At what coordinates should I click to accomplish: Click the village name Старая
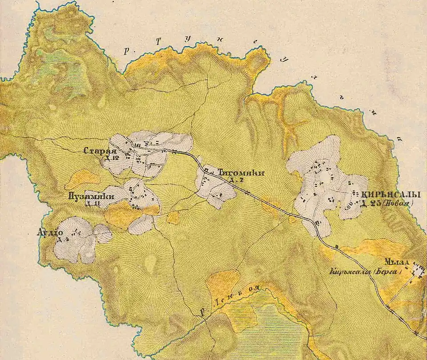click(x=97, y=151)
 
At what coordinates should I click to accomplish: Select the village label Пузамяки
click(x=92, y=196)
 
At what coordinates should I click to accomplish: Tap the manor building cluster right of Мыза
click(x=419, y=269)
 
